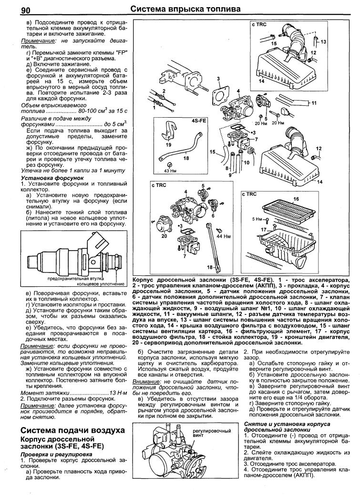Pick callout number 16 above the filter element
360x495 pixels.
[x=295, y=199]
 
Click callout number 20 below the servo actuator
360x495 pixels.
[x=164, y=236]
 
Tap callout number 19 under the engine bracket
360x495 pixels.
[x=168, y=144]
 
